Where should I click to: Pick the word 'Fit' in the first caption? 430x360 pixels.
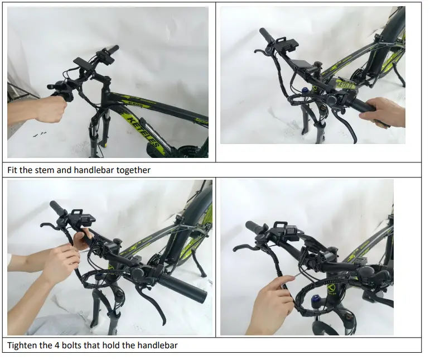click(x=12, y=170)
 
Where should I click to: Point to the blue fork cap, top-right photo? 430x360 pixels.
click(x=304, y=90)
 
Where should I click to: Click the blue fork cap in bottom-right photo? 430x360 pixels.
click(x=315, y=299)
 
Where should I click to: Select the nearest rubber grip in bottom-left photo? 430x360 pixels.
click(x=182, y=287)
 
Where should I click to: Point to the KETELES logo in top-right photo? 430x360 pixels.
click(x=345, y=84)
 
